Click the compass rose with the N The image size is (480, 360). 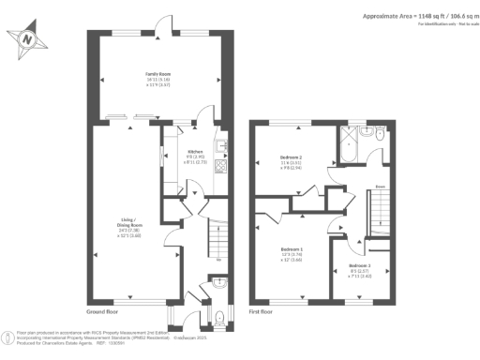point(28,40)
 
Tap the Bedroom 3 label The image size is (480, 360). point(347,270)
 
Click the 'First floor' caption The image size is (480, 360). point(262,310)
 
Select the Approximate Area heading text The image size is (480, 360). point(413,16)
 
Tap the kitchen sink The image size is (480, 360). point(222,146)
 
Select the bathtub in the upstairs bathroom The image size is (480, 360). point(353,143)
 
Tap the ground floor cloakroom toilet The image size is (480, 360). point(218,281)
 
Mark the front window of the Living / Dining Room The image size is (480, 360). point(131,301)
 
